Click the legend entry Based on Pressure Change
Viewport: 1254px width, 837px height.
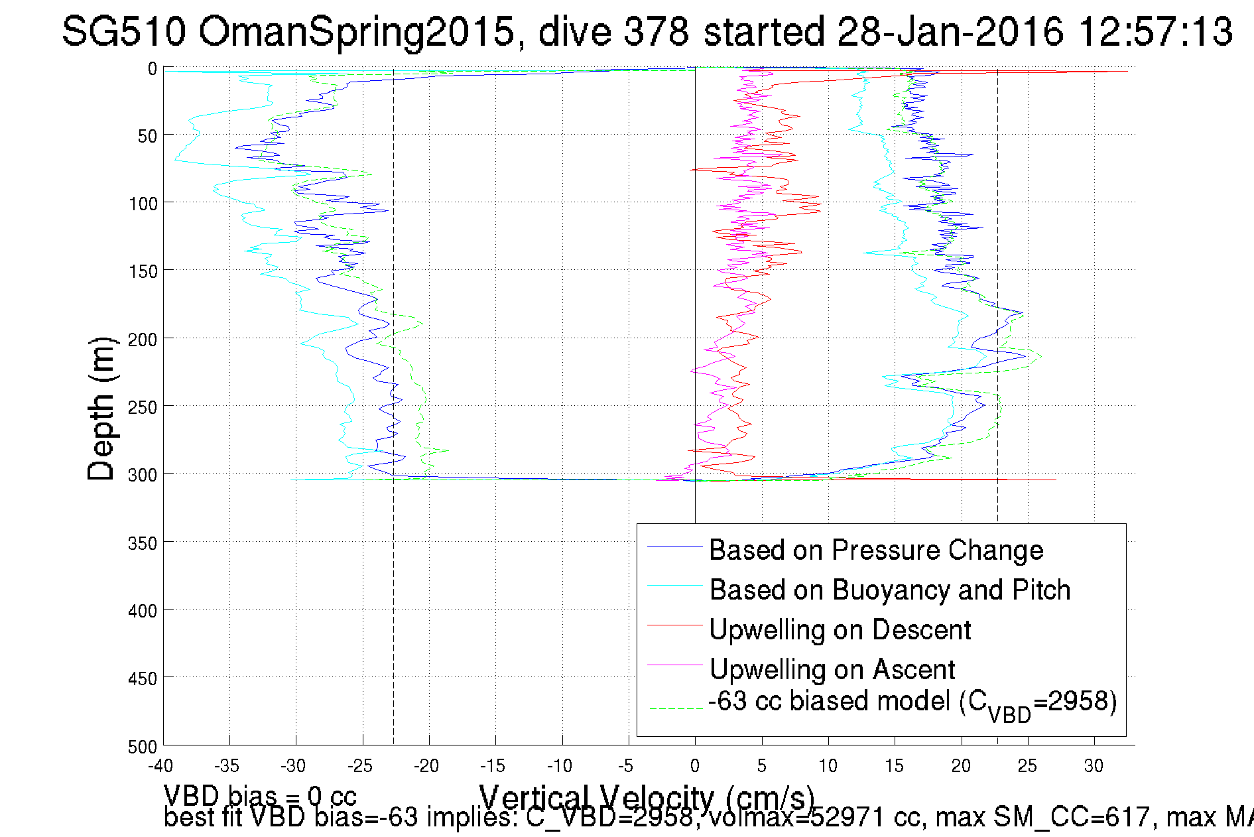click(x=875, y=550)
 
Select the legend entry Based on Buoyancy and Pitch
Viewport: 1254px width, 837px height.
click(x=889, y=590)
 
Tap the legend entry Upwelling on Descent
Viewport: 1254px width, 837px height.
click(x=840, y=630)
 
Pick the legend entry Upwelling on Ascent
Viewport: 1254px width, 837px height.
click(x=832, y=670)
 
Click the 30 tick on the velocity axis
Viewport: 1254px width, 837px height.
click(x=1094, y=766)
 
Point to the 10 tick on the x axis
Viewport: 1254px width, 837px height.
click(x=828, y=766)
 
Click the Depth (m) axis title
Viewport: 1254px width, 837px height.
click(x=101, y=408)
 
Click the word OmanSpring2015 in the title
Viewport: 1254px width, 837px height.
click(x=357, y=31)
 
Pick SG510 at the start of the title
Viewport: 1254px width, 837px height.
click(x=123, y=31)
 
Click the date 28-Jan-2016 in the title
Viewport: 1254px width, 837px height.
click(x=950, y=31)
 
